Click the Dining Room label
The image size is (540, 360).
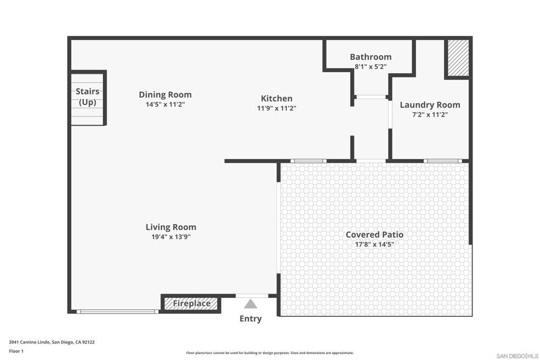(165, 95)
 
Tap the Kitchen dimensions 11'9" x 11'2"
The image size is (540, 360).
(276, 108)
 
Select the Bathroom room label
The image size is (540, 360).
(371, 57)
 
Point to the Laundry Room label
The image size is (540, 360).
(430, 105)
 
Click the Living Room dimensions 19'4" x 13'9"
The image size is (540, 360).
(171, 237)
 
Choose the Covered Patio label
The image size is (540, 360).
(374, 235)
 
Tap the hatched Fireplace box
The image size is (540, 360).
(191, 304)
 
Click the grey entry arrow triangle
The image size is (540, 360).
(250, 304)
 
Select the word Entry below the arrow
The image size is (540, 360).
(250, 319)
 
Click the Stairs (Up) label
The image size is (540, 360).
(88, 96)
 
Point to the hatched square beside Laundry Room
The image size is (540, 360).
(458, 58)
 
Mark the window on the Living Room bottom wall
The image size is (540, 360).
(118, 312)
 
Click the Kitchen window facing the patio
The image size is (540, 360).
(308, 161)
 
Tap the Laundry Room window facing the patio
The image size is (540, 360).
(442, 161)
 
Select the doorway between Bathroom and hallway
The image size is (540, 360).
(371, 97)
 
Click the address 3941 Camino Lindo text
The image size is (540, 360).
(52, 342)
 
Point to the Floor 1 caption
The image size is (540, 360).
(16, 351)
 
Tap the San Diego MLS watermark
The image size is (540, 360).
(517, 356)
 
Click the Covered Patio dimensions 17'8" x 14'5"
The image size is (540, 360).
(374, 245)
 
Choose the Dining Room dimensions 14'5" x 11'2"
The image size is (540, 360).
(165, 104)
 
